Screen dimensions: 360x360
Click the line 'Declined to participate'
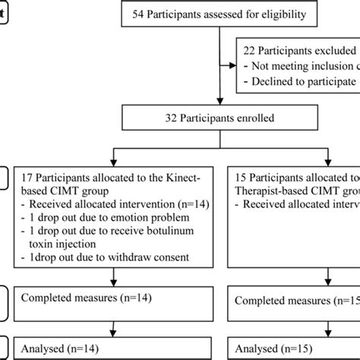(299, 81)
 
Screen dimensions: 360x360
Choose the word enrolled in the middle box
(255, 118)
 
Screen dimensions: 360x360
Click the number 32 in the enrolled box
(160, 118)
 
